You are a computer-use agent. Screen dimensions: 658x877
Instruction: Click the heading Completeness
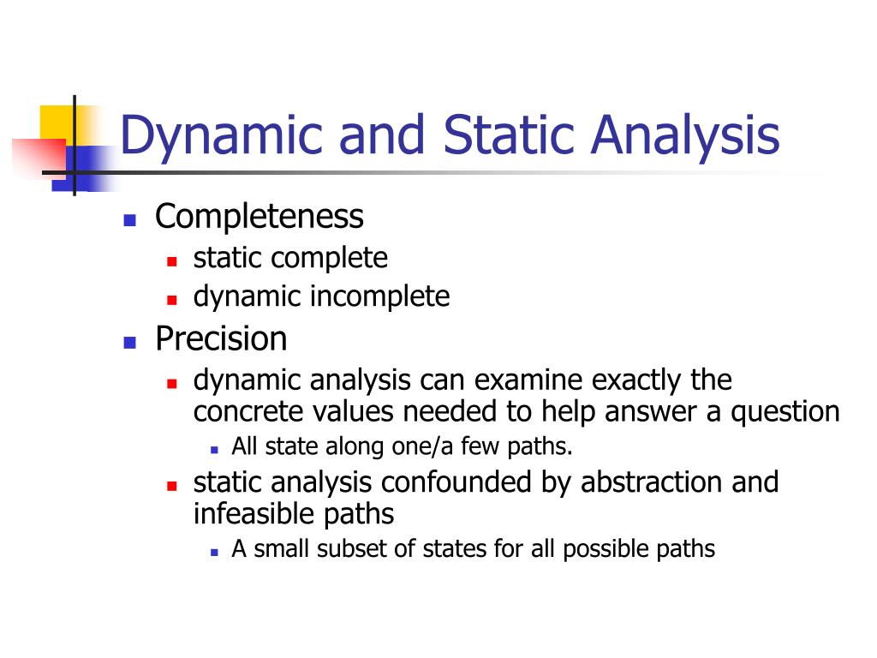(260, 217)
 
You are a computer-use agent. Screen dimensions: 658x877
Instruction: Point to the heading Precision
(221, 339)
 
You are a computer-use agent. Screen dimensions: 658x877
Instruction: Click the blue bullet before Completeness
(130, 219)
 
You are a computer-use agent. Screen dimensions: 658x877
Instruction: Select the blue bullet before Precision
(130, 342)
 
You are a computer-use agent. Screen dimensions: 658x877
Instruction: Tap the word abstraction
(652, 482)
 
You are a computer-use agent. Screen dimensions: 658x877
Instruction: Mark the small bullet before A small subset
(214, 551)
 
